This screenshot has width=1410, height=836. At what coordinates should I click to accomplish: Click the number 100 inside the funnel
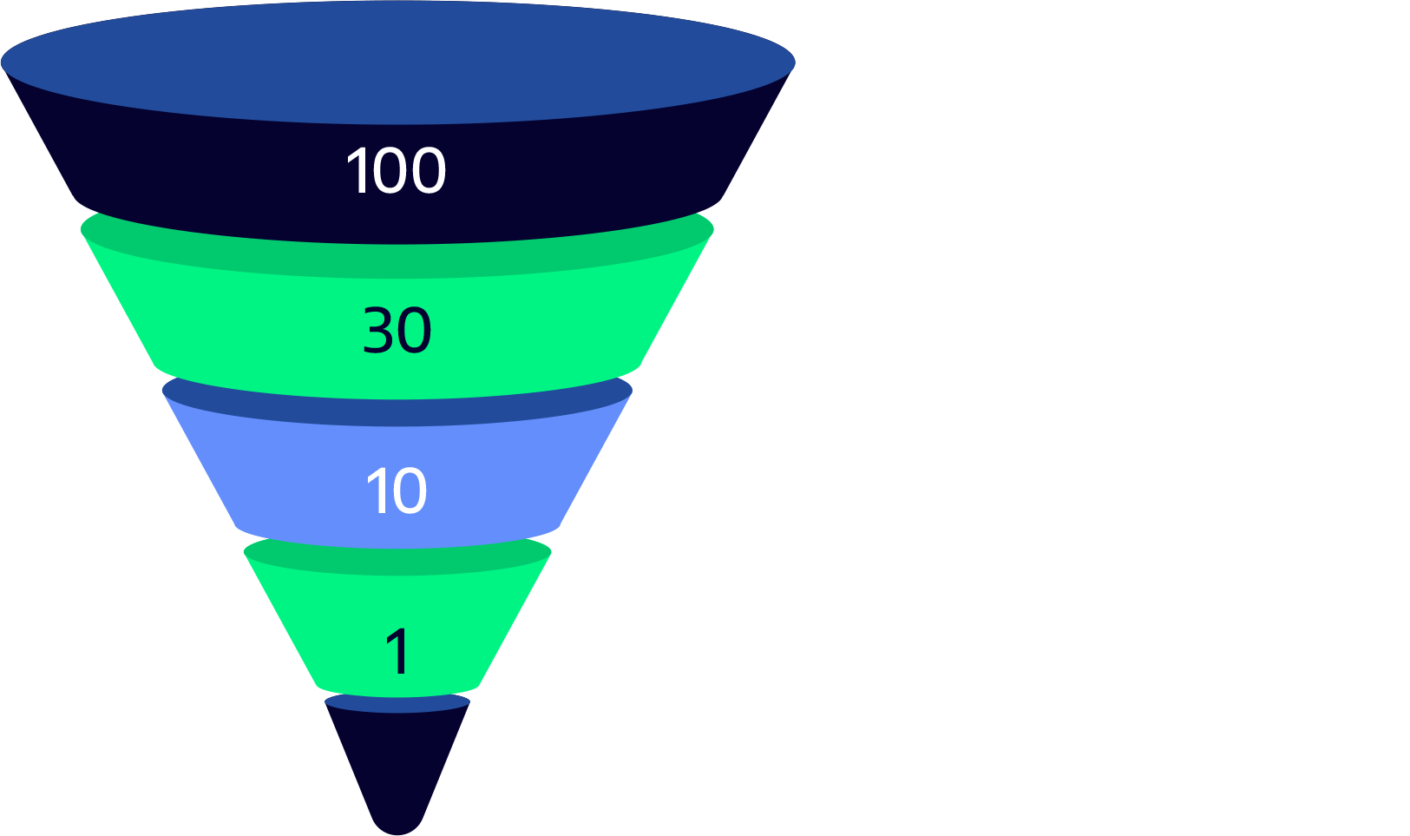click(396, 171)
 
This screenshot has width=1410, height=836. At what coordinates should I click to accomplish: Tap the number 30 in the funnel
click(397, 331)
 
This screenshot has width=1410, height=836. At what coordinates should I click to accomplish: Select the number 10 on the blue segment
click(396, 491)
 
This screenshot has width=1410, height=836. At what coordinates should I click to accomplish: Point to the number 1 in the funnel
click(397, 652)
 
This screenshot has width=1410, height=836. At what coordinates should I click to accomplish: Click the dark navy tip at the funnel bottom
click(397, 773)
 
